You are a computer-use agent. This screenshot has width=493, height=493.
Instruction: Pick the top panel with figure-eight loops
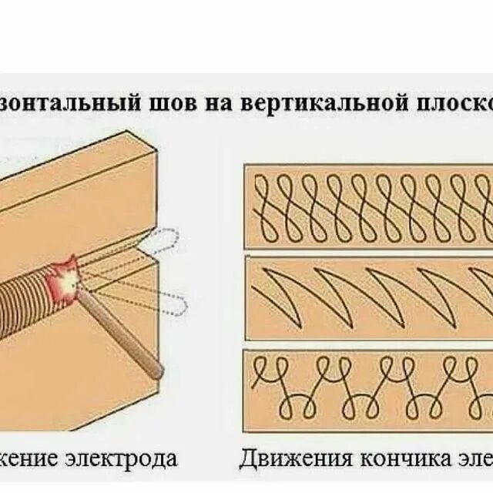click(368, 206)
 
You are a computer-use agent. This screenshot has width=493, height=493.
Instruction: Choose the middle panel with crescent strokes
click(368, 297)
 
